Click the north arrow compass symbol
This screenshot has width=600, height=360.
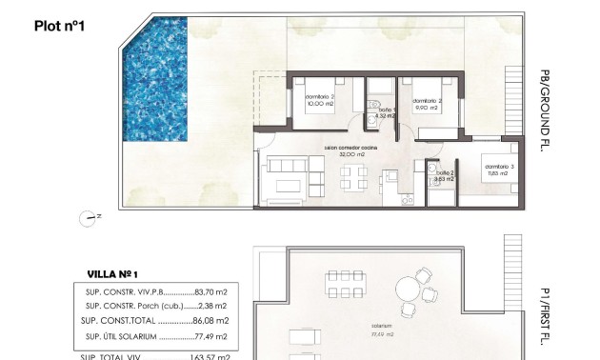pyautogui.click(x=90, y=217)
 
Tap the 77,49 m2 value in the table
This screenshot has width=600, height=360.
pyautogui.click(x=210, y=336)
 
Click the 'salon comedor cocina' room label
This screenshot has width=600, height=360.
pyautogui.click(x=350, y=149)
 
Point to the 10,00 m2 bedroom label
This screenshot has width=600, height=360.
pyautogui.click(x=320, y=107)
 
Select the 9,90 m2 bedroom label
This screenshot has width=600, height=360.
pyautogui.click(x=426, y=108)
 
